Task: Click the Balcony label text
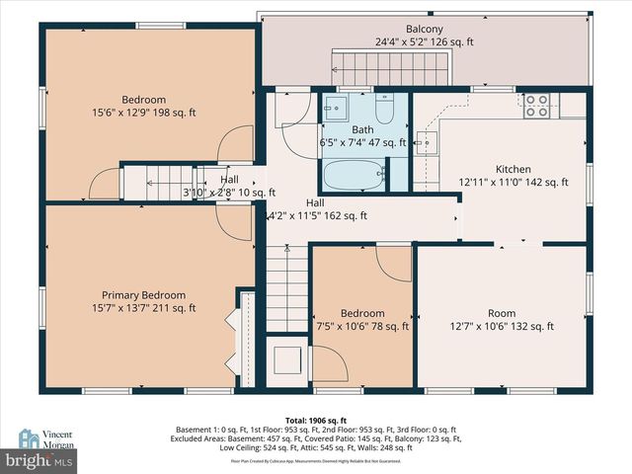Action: [x=424, y=30]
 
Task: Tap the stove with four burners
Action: [x=536, y=105]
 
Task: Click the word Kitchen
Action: [x=513, y=169]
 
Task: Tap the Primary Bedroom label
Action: [x=143, y=294]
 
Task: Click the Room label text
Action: [x=502, y=313]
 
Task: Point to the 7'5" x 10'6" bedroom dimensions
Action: [x=362, y=327]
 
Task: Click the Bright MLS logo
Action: [x=40, y=459]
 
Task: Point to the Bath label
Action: [x=361, y=129]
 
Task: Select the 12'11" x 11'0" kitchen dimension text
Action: [x=513, y=182]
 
